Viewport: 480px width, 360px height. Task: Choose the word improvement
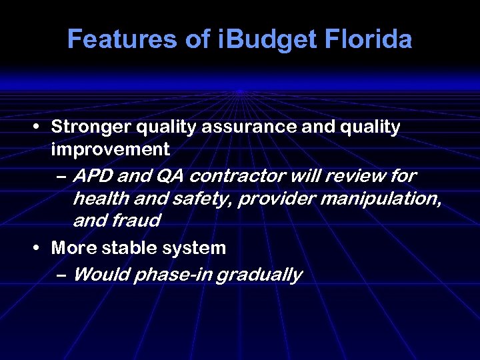110,149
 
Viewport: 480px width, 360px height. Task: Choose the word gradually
261,275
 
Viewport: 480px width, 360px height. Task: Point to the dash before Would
61,275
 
